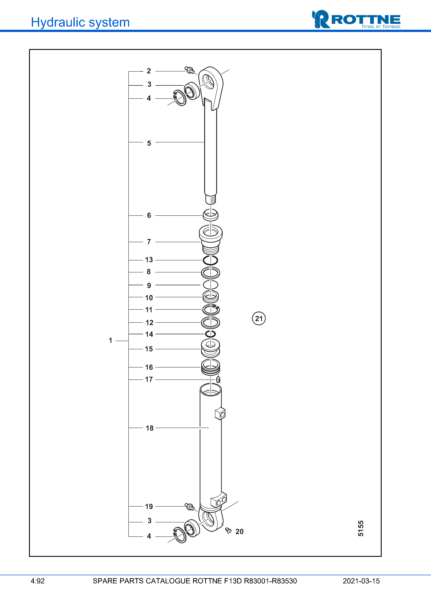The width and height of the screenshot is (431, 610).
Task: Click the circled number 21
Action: click(x=259, y=318)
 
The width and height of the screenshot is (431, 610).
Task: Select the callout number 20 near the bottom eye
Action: click(x=239, y=531)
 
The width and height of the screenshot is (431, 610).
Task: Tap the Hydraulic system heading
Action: click(x=80, y=22)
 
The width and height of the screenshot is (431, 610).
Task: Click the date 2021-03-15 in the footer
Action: click(x=361, y=581)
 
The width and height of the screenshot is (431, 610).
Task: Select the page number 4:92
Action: click(x=38, y=581)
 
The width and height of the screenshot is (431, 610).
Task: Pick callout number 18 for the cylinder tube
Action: click(x=149, y=428)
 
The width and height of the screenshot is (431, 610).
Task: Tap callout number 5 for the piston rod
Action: click(x=149, y=143)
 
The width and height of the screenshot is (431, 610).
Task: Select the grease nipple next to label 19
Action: click(x=189, y=507)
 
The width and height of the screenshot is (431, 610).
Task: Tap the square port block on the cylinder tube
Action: click(x=220, y=414)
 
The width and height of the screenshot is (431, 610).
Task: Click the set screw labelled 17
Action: click(x=218, y=379)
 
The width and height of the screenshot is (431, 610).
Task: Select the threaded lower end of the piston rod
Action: click(x=211, y=199)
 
